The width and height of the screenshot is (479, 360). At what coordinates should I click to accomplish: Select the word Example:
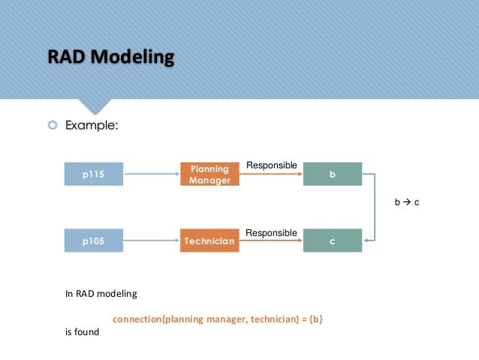pyautogui.click(x=92, y=126)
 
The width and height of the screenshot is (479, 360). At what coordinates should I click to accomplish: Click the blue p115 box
pyautogui.click(x=93, y=174)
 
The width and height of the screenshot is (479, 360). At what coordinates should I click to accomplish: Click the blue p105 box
pyautogui.click(x=93, y=241)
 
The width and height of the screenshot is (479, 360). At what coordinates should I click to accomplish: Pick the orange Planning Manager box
pyautogui.click(x=209, y=174)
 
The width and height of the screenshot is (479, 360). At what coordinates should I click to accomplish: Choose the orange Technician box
pyautogui.click(x=209, y=241)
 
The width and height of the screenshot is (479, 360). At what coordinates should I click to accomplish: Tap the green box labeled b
pyautogui.click(x=332, y=174)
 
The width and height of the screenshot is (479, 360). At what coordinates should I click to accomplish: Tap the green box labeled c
pyautogui.click(x=332, y=241)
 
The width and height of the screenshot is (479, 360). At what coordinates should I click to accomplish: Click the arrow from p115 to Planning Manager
pyautogui.click(x=151, y=174)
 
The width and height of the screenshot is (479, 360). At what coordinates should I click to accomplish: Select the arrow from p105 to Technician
pyautogui.click(x=151, y=241)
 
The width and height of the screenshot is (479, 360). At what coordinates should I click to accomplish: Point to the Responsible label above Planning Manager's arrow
pyautogui.click(x=272, y=165)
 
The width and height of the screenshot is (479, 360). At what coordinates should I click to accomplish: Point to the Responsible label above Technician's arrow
pyautogui.click(x=272, y=233)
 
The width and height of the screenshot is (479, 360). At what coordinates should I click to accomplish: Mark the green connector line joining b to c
pyautogui.click(x=374, y=207)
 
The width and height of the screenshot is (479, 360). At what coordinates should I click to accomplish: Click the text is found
pyautogui.click(x=82, y=331)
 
